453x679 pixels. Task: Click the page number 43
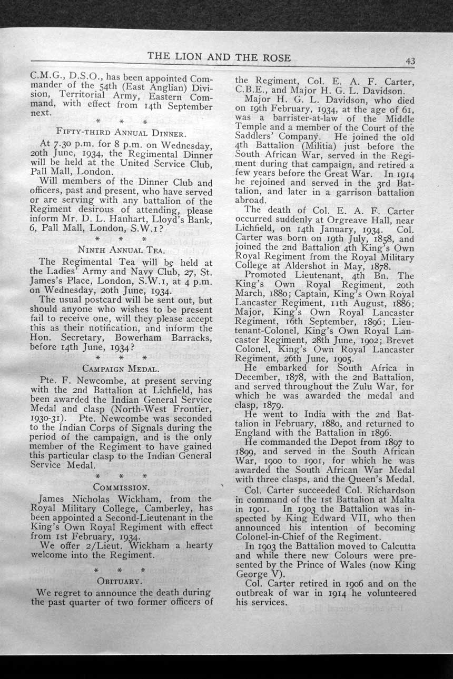[x=410, y=61]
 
